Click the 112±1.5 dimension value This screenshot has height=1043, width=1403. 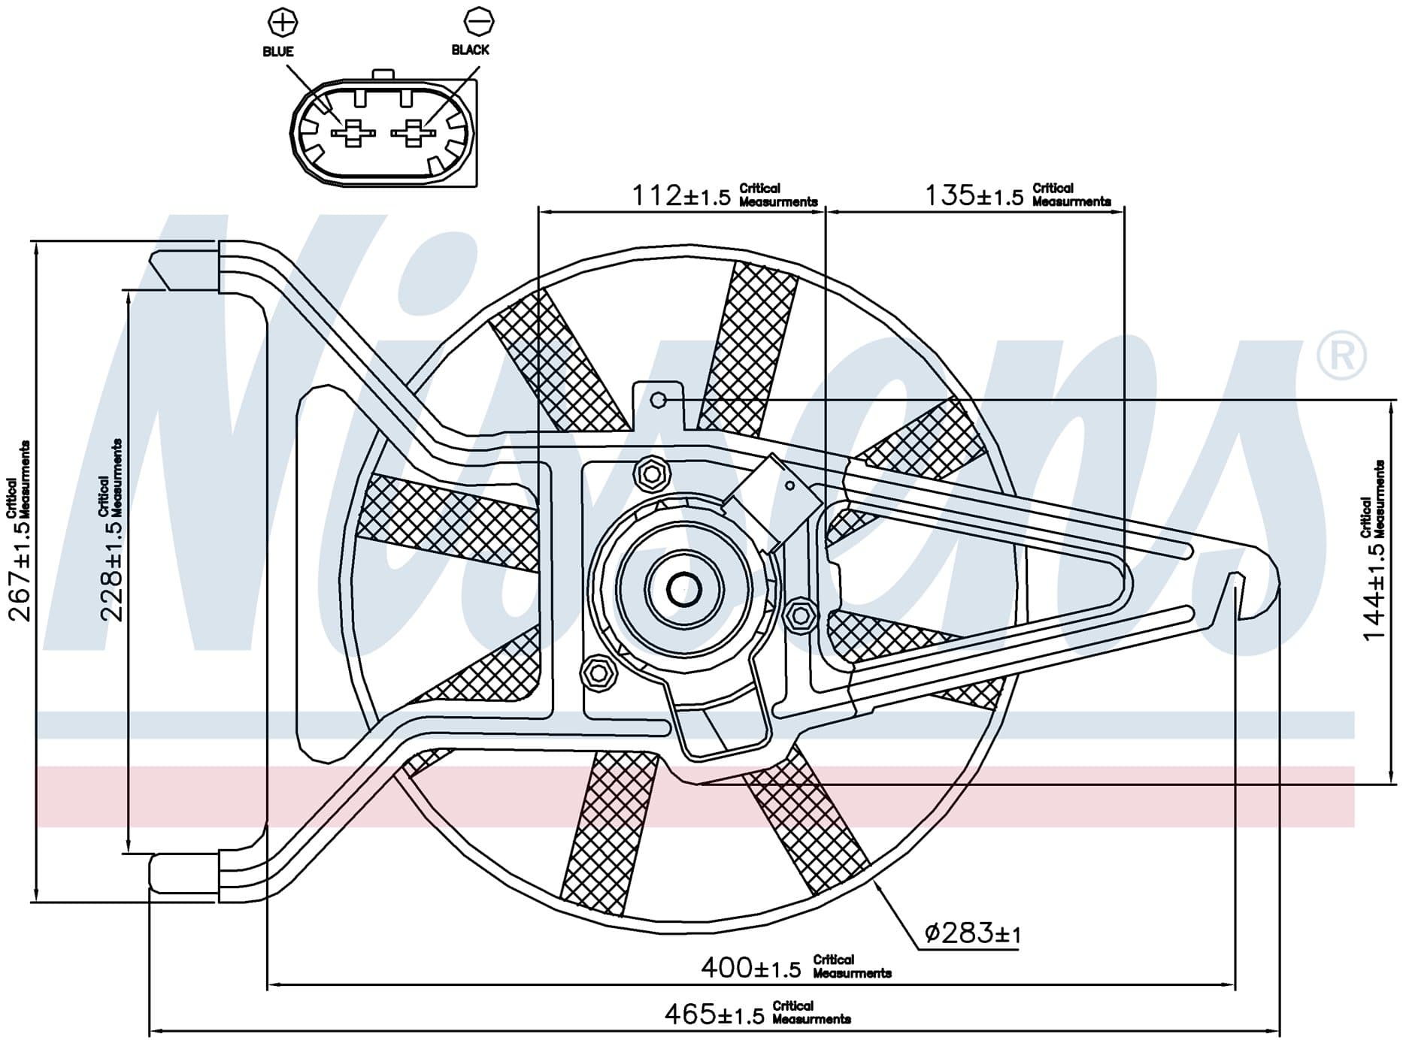point(680,196)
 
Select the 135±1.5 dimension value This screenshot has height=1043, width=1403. point(974,196)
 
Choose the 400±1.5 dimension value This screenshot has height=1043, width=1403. point(750,968)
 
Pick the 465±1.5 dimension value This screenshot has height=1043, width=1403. point(714,1014)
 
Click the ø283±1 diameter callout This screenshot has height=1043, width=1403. point(972,934)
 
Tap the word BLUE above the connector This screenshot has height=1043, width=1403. point(278,52)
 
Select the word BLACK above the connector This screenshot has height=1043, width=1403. point(471,50)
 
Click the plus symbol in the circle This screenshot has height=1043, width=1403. point(283,21)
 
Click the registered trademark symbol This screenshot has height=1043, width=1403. point(1342,355)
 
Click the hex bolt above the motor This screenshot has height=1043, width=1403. point(652,473)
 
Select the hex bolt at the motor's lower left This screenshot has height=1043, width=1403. point(599,671)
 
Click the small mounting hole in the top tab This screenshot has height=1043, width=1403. point(658,400)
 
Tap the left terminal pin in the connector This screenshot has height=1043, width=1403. point(353,134)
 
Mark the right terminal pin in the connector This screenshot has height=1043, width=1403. point(413,134)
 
